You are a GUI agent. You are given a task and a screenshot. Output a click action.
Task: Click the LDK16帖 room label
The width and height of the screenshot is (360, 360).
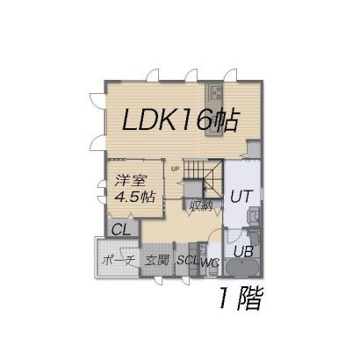pyautogui.click(x=179, y=120)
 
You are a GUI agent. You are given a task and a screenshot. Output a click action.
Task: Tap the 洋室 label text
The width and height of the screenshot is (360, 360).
pyautogui.click(x=130, y=181)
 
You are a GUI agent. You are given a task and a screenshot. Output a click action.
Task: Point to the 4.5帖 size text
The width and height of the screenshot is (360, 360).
pyautogui.click(x=135, y=197)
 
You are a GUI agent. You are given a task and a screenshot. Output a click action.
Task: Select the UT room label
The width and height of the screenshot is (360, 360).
pyautogui.click(x=241, y=197)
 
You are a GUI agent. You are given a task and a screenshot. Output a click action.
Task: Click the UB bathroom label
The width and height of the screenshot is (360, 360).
pyautogui.click(x=243, y=251)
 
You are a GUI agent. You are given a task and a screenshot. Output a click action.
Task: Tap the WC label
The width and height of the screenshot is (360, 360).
pyautogui.click(x=210, y=263)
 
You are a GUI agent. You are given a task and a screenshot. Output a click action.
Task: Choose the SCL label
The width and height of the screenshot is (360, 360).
pyautogui.click(x=188, y=260)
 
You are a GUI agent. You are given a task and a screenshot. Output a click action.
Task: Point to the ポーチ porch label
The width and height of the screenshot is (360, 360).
pyautogui.click(x=119, y=260)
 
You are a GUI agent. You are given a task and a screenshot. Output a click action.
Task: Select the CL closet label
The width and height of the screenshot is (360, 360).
pyautogui.click(x=121, y=230)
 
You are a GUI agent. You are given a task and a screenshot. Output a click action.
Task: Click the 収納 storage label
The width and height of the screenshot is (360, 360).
pyautogui.click(x=201, y=206)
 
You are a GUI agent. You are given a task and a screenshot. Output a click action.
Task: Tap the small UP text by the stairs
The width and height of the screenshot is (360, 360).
pyautogui.click(x=175, y=169)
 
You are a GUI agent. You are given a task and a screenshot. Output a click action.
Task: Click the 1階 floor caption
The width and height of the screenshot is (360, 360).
pyautogui.click(x=241, y=299)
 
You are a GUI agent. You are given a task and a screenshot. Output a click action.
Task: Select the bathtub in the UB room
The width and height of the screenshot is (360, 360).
pyautogui.click(x=243, y=267)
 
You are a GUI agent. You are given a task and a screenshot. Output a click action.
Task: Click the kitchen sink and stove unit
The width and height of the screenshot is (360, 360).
pyautogui.click(x=214, y=110)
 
